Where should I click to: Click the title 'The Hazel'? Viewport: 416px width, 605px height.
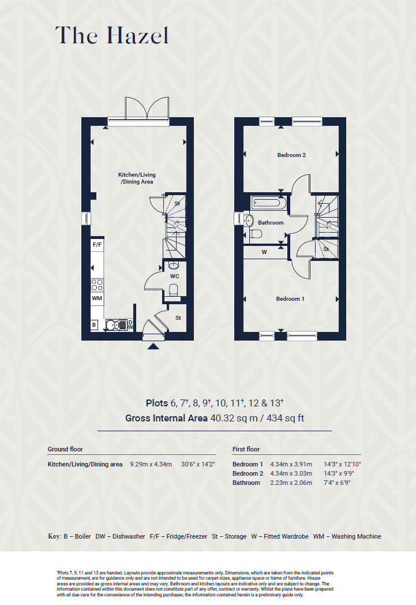point(112,36)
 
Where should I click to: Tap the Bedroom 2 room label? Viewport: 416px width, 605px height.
point(291,155)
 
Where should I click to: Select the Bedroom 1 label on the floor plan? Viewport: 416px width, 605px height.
point(290,299)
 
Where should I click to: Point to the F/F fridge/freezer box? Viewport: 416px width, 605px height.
point(97,245)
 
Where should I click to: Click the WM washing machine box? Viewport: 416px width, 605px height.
point(97,298)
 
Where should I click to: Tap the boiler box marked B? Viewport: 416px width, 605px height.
point(94,325)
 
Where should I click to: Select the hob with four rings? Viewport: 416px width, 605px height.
point(97,284)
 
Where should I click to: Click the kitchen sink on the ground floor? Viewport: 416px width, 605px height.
point(116,325)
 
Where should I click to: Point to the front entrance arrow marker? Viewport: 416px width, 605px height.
point(153,346)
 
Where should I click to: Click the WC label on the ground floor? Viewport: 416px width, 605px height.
point(174,277)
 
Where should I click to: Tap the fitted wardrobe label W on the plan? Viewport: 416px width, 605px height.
point(264,252)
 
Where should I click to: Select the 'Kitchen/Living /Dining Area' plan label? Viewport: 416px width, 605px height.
point(137,178)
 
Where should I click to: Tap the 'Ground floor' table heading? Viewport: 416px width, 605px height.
point(65,449)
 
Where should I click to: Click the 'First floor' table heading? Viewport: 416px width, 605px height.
point(246,449)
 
